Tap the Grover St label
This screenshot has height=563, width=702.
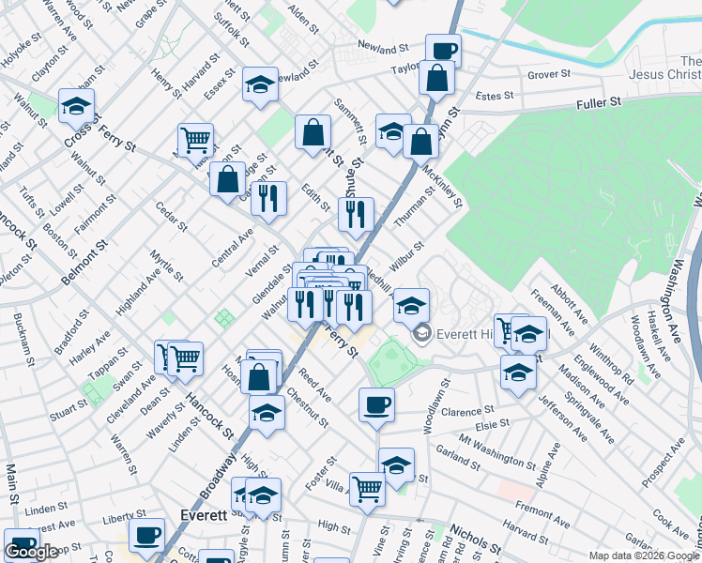[x=549, y=74]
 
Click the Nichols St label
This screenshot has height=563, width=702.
[x=474, y=539]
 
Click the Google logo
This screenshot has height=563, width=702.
[x=31, y=552]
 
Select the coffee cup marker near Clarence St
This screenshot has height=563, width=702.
[x=376, y=405]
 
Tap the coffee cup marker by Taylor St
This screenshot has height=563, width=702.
[x=443, y=51]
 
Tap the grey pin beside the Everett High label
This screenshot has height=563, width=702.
[x=422, y=332]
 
